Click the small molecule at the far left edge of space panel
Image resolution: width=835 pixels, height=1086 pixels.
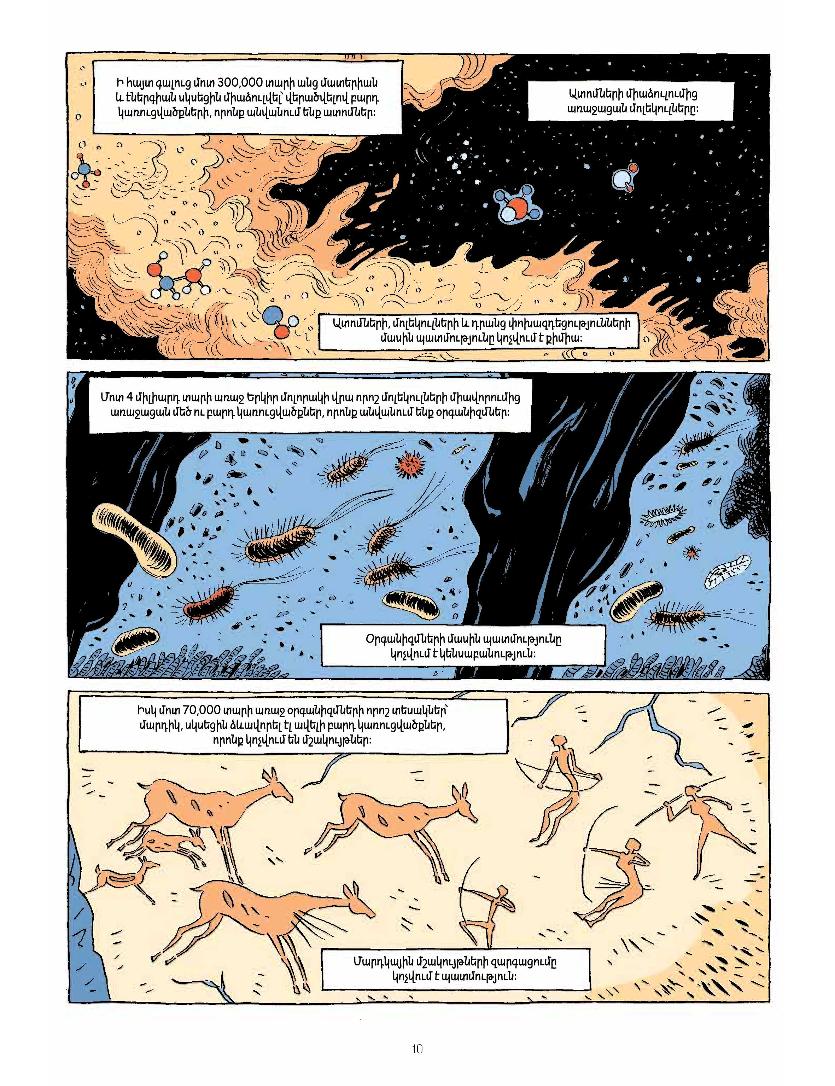coord(87,169)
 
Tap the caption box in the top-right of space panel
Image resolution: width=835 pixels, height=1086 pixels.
coord(630,101)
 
